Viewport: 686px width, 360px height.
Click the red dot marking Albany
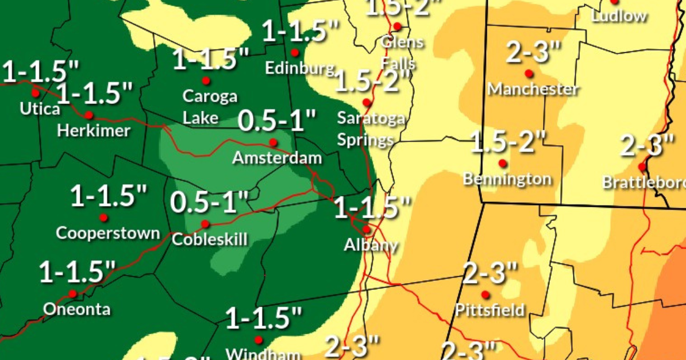(x=367, y=229)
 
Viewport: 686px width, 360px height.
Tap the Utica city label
(x=40, y=108)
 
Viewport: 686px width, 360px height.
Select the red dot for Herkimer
(x=89, y=115)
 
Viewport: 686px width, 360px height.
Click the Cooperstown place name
(x=108, y=233)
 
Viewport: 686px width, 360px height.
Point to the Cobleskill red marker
(x=205, y=224)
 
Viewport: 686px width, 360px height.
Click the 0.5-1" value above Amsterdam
(x=277, y=122)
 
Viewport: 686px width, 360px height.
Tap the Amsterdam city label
(x=277, y=157)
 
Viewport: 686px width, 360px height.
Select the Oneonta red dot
(x=72, y=293)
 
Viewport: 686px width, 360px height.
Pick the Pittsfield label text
(x=490, y=310)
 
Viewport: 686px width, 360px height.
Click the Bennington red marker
(x=503, y=163)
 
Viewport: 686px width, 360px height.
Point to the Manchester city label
(x=533, y=89)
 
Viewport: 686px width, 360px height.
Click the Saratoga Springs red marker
(x=367, y=102)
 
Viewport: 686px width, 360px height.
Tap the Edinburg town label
(x=299, y=68)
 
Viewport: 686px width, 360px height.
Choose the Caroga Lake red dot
(x=206, y=80)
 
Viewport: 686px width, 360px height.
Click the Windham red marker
(x=259, y=340)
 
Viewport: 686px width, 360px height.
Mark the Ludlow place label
(x=619, y=16)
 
